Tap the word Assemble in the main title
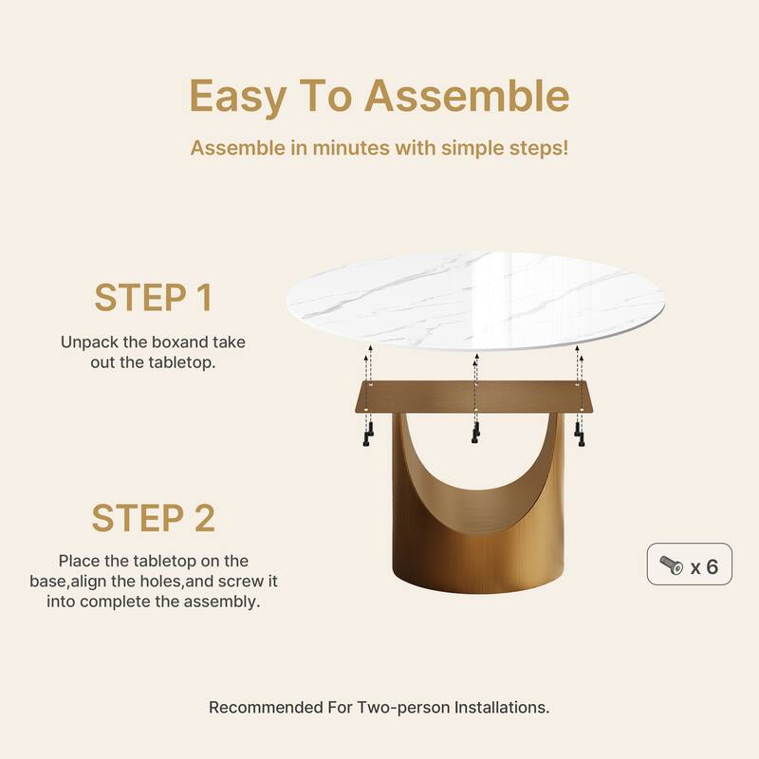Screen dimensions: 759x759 tap(467, 96)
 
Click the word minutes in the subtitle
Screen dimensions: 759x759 tap(351, 148)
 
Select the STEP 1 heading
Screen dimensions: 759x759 tap(153, 297)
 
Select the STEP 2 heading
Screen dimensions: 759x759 tap(153, 518)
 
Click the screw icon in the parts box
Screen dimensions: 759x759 tap(672, 565)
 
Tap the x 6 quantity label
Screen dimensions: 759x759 tap(704, 566)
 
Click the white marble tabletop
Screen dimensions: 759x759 tap(475, 300)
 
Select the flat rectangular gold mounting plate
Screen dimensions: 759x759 tap(475, 397)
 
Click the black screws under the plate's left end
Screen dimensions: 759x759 tap(368, 434)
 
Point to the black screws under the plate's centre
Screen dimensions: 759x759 tap(476, 433)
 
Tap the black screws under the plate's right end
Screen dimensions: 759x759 tap(580, 435)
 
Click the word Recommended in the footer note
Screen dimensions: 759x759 tap(266, 707)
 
